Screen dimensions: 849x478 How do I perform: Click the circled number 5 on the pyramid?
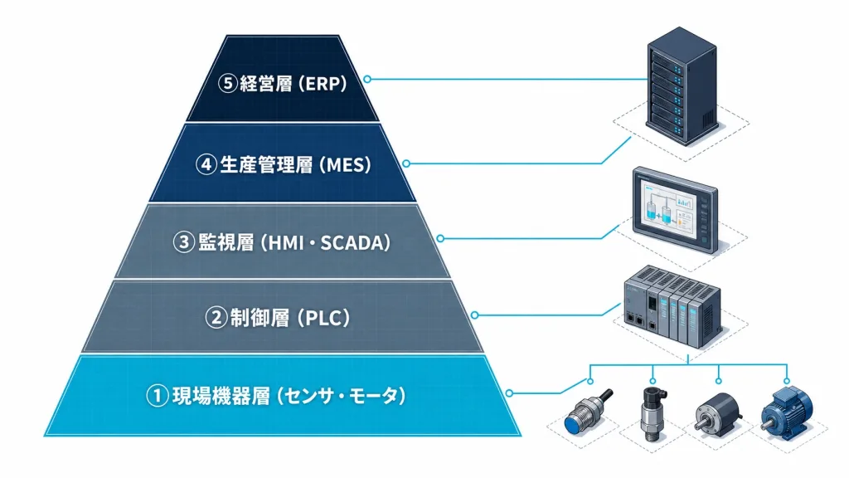[x=227, y=84]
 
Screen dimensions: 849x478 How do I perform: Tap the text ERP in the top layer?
[x=323, y=84]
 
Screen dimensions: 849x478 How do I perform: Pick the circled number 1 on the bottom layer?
[x=157, y=396]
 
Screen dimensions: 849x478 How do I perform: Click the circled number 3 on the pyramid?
[x=183, y=242]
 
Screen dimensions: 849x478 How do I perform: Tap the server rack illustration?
[x=682, y=86]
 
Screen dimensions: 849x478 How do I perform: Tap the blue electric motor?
[x=786, y=412]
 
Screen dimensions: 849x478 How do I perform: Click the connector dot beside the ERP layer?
[x=367, y=79]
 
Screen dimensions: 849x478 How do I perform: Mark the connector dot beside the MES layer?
[x=406, y=163]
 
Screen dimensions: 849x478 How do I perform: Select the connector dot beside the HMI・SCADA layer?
[x=440, y=238]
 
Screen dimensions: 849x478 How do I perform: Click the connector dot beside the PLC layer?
[x=474, y=315]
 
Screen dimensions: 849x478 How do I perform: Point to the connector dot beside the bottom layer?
[x=509, y=393]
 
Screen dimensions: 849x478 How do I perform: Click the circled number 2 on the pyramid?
[x=216, y=318]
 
